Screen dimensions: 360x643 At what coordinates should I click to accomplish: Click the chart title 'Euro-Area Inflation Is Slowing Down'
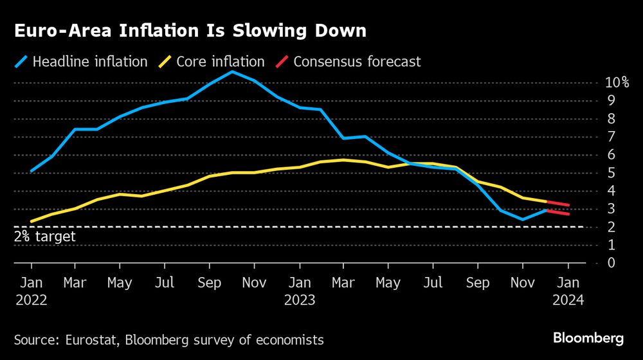pos(190,31)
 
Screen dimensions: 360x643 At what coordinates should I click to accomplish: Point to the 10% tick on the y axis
pos(617,82)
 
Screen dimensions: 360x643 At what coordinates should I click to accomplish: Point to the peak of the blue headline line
pos(232,71)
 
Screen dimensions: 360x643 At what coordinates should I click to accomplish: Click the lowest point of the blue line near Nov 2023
pos(522,219)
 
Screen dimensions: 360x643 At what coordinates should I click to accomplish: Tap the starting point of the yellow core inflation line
pos(31,222)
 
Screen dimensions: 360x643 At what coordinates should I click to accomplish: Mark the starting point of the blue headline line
pos(31,171)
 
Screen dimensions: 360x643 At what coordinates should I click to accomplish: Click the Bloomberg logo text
pos(588,338)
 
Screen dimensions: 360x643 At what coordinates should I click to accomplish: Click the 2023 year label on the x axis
pos(300,300)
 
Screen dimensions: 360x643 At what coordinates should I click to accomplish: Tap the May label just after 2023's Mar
pos(388,282)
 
